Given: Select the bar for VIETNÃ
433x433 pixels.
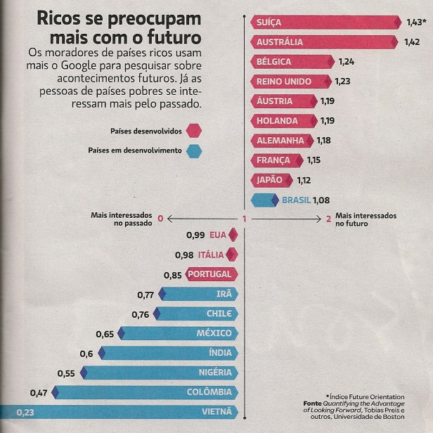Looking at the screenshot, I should coord(119,412).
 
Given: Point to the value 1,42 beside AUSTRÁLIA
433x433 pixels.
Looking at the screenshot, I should coord(412,42).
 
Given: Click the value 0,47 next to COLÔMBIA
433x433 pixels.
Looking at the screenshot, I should coord(39,392).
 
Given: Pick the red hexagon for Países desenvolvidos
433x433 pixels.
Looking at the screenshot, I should coord(194,131).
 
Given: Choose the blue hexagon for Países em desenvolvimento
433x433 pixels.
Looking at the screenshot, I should coord(194,150).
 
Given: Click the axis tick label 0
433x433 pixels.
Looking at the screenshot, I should coord(160,219).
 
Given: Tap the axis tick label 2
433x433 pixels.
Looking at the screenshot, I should coord(328,219).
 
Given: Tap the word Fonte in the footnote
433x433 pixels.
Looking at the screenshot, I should coord(311,403).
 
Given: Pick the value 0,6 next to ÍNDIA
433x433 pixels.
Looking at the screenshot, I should coord(86,354).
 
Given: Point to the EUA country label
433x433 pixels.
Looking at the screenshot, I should coord(217,235).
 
